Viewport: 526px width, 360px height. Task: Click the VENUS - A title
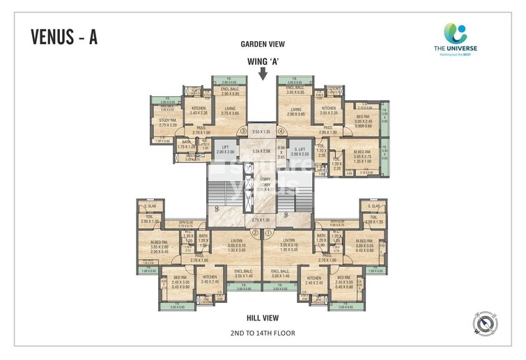[64, 37]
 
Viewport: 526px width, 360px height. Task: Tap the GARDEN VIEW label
[263, 44]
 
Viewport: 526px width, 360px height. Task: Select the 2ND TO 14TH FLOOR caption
[263, 333]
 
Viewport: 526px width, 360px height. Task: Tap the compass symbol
[484, 321]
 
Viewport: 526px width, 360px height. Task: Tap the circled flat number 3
[243, 130]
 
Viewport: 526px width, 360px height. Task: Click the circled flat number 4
[281, 130]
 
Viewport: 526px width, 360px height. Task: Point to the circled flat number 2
[255, 233]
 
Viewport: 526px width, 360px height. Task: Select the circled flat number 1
[269, 233]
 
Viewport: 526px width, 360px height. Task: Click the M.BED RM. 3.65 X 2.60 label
[160, 243]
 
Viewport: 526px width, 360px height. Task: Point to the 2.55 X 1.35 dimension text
[262, 131]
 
